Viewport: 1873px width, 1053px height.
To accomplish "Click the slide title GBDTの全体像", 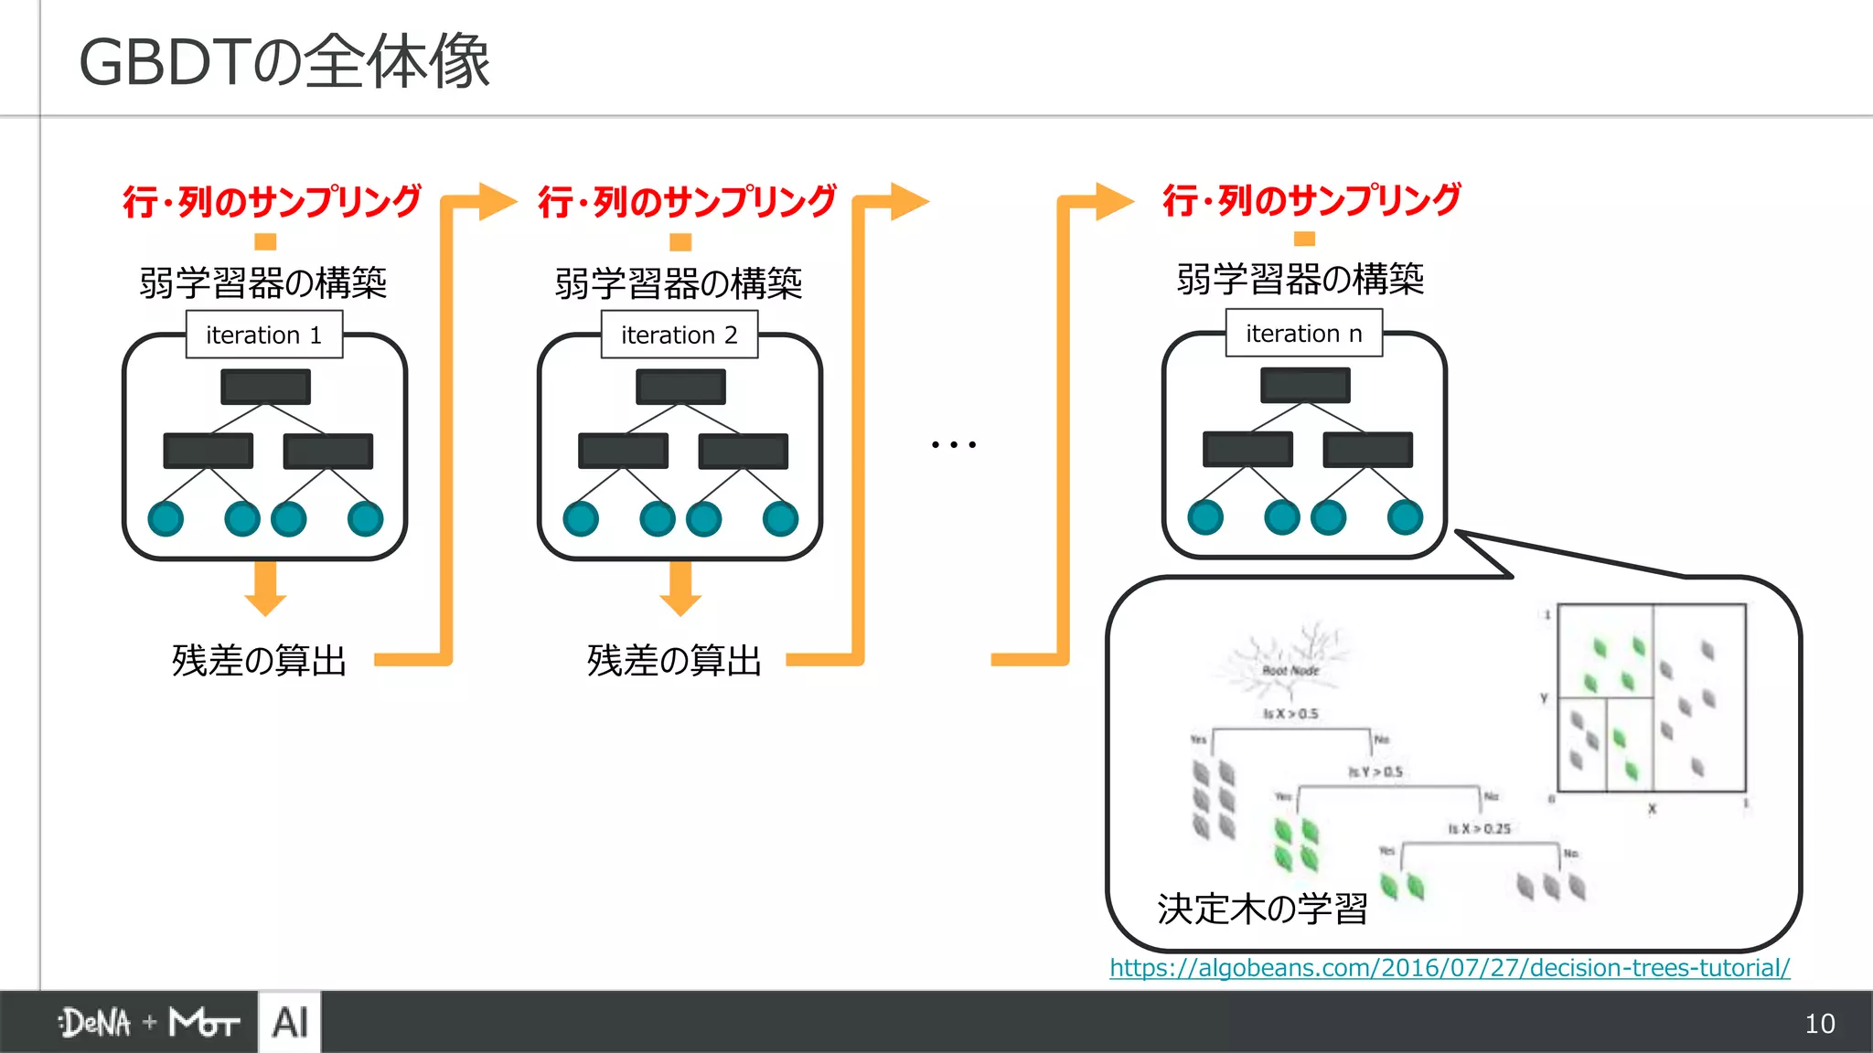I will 284,62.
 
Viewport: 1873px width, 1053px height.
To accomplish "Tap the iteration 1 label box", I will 264,335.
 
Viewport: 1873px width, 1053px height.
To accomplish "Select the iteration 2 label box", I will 680,335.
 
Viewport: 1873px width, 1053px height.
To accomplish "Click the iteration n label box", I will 1304,334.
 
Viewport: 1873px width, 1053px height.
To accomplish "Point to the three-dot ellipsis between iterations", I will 953,444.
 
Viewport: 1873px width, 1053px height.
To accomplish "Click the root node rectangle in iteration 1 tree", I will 265,386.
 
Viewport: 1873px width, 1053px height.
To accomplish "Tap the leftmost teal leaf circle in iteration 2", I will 581,519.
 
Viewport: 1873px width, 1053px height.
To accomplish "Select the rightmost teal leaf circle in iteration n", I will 1405,517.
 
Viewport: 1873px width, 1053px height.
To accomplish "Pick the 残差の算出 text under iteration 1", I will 260,660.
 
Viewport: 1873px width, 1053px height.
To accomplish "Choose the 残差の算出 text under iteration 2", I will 675,660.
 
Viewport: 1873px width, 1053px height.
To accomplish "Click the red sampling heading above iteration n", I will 1311,199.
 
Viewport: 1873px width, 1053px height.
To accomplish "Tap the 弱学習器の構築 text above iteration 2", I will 679,283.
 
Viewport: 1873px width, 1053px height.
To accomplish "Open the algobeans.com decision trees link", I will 1450,967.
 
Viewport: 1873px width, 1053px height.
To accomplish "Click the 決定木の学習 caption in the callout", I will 1262,909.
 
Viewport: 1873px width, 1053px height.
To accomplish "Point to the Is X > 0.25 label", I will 1479,828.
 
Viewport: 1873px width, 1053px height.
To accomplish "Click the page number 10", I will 1819,1024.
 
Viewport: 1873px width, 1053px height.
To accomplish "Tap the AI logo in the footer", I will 290,1022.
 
